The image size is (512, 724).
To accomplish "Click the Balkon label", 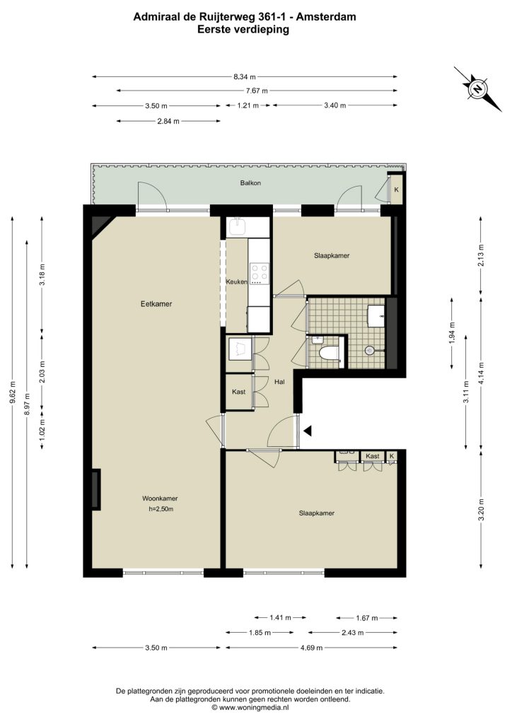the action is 250,183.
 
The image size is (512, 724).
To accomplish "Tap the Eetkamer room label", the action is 156,304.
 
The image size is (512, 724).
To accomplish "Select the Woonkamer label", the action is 160,498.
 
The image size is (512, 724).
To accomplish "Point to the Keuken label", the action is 236,281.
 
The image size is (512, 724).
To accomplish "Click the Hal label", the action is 279,382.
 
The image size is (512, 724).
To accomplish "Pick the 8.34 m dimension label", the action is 244,77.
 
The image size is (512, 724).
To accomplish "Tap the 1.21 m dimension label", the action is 248,106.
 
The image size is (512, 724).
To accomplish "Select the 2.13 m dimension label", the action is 481,255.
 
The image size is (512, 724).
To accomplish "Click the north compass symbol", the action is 478,88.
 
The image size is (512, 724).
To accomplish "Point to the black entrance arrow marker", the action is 308,431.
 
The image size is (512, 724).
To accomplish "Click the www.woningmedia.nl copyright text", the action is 250,707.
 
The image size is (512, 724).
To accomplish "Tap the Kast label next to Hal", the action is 239,392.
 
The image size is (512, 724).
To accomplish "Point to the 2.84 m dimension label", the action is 168,122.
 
